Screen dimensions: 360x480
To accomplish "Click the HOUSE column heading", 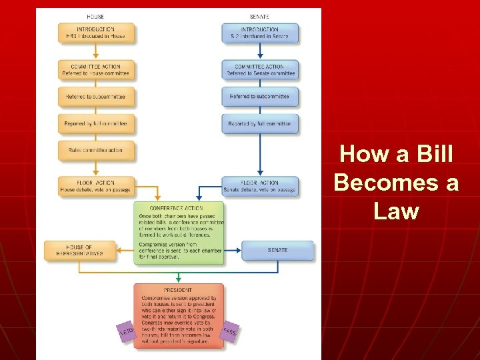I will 95,16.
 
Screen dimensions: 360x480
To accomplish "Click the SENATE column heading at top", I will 259,16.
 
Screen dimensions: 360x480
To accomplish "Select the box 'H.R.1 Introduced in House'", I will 96,33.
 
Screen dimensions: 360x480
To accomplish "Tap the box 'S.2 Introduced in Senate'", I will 260,33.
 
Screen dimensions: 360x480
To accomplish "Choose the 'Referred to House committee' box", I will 96,70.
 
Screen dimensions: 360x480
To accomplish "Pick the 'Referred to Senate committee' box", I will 260,70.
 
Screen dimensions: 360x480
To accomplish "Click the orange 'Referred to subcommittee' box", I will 96,97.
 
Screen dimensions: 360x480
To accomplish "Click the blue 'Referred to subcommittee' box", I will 260,97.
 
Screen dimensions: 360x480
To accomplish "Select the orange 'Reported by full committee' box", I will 96,123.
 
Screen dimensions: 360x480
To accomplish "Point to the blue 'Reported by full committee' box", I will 260,123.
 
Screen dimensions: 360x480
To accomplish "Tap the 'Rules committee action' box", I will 96,150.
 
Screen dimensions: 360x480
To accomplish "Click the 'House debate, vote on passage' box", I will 96,186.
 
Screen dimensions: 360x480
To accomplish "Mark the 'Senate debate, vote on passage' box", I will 260,186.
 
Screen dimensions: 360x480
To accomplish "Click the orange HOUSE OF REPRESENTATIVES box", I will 79,250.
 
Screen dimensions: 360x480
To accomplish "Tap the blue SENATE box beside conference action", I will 277,250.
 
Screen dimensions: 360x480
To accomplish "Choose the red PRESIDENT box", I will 179,315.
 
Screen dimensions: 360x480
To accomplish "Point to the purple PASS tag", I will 230,331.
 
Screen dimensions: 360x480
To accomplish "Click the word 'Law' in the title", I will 396,211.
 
